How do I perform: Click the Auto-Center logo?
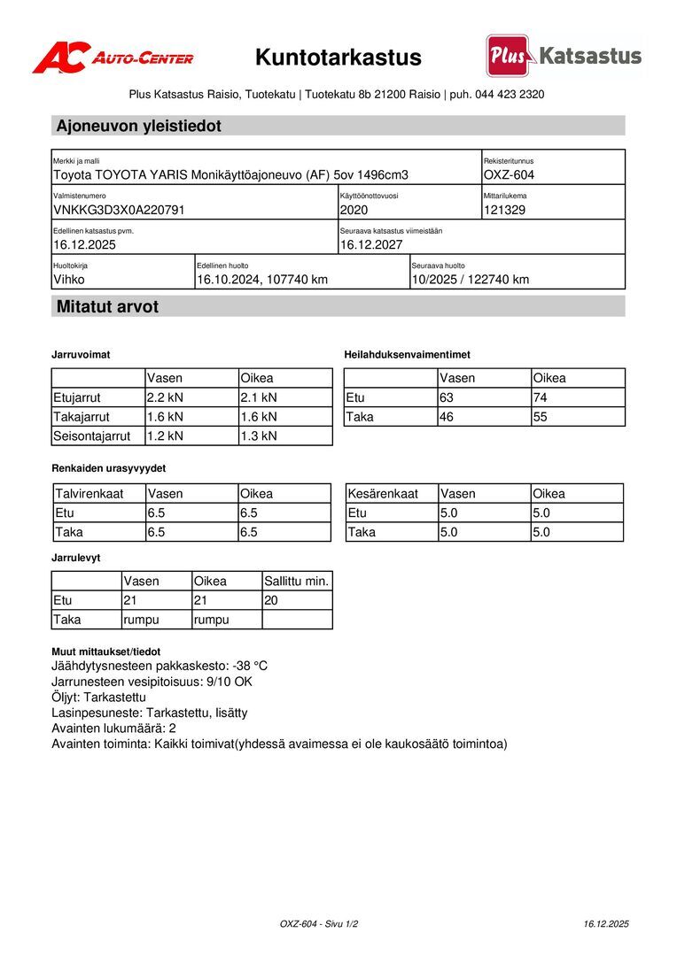(113, 58)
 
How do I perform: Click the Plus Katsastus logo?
(564, 56)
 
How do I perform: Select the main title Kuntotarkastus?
(338, 58)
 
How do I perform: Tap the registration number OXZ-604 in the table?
(509, 175)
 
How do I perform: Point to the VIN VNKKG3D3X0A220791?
(119, 211)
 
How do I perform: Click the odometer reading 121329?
(505, 211)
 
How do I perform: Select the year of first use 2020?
(354, 211)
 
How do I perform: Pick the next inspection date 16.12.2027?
(371, 245)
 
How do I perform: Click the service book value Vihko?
(70, 280)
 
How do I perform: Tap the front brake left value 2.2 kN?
(165, 397)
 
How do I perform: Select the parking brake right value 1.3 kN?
(259, 436)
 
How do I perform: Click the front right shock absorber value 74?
(541, 397)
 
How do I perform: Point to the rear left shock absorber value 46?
(447, 416)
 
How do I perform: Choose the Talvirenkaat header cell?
(89, 494)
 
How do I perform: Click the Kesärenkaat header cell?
(383, 494)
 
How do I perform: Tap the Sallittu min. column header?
(297, 582)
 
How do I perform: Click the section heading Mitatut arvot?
(107, 307)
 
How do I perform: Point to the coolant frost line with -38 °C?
(160, 666)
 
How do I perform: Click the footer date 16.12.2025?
(606, 924)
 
